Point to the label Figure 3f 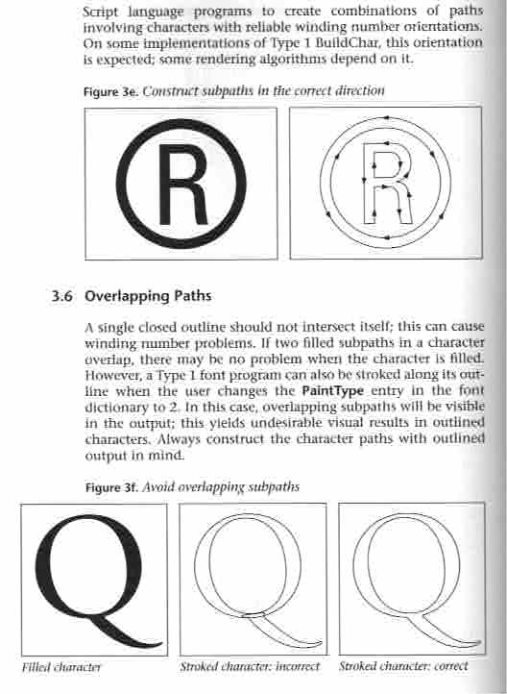pos(111,486)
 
